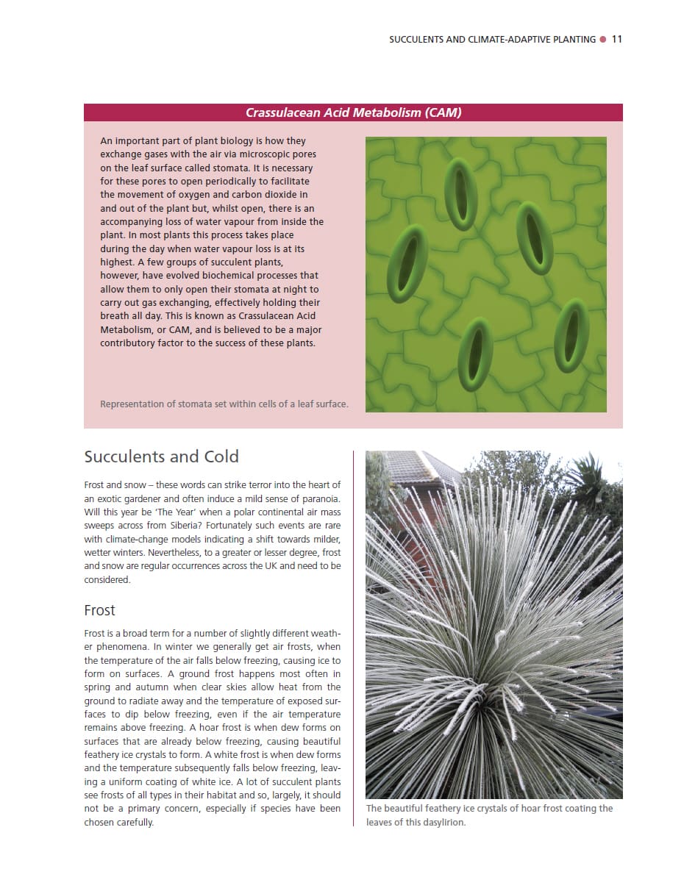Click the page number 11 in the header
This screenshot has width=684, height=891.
tap(616, 39)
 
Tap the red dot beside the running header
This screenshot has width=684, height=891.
tap(603, 39)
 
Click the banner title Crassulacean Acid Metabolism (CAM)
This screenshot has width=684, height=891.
tap(353, 112)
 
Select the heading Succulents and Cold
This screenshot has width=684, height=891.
tap(161, 457)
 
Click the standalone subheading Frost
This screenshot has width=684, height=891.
tap(99, 610)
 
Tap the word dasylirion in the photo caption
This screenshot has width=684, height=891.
tap(442, 822)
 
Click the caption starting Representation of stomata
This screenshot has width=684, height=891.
tap(224, 404)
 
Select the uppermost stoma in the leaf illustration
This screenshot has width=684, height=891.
tap(461, 193)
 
